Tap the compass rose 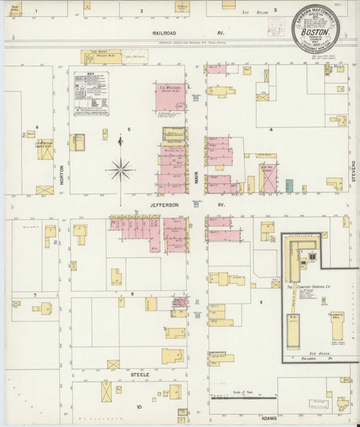coord(121,170)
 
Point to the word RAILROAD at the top coord(169,32)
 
